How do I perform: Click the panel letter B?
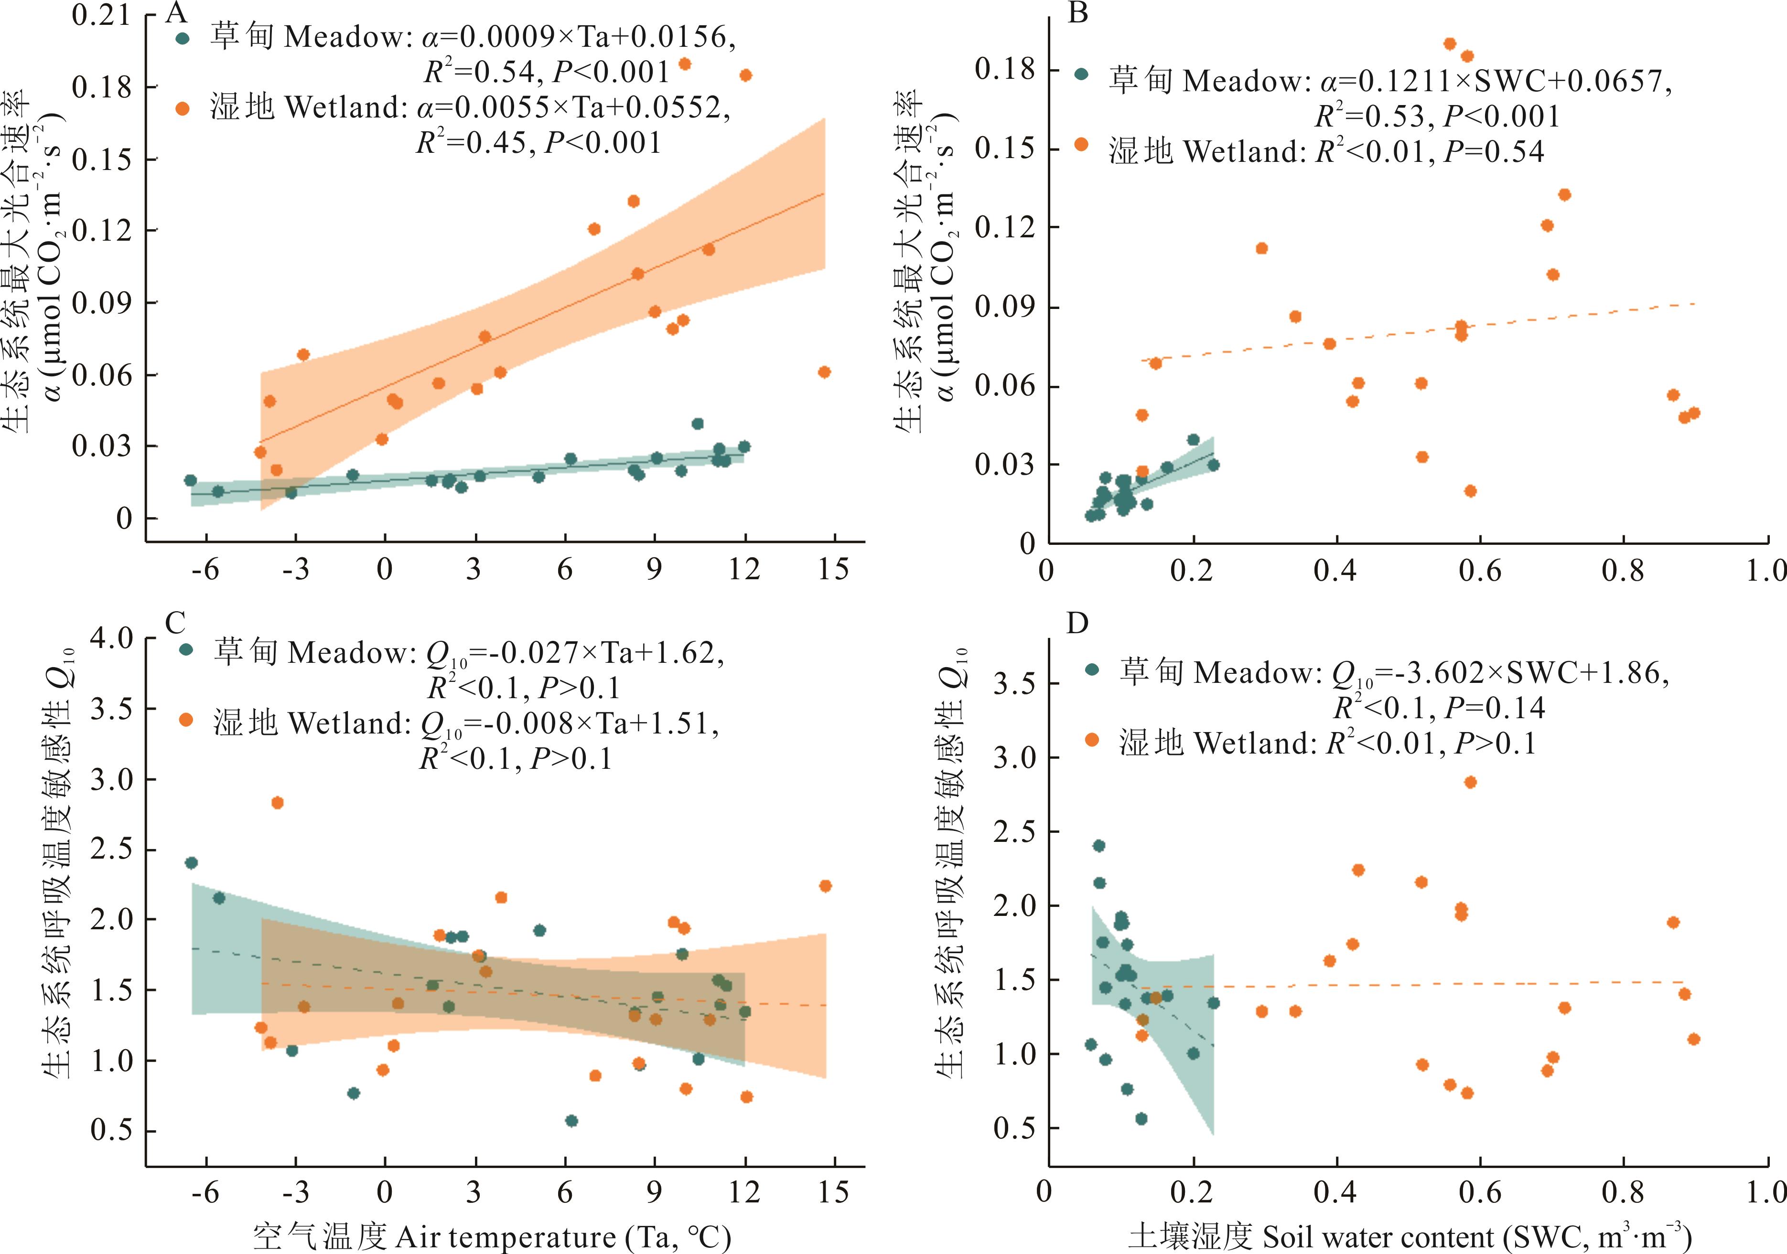tap(1078, 13)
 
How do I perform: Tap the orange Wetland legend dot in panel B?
tap(1081, 144)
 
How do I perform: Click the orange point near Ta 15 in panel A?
tap(824, 372)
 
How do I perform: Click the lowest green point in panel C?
tap(571, 1121)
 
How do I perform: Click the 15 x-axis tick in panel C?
tap(834, 1192)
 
